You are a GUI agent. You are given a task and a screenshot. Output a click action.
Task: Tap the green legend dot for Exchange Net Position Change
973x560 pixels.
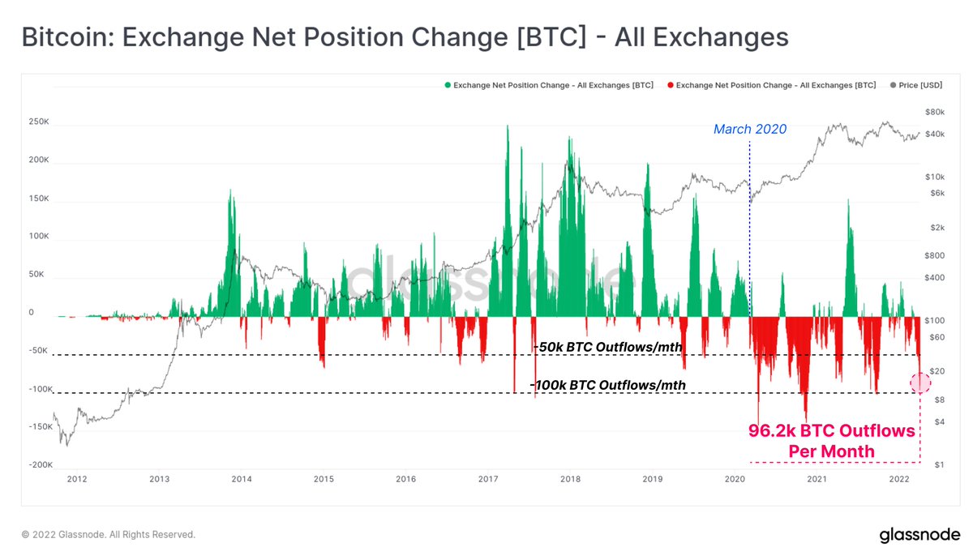coord(447,85)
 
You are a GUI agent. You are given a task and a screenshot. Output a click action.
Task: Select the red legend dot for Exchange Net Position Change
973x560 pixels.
coord(670,85)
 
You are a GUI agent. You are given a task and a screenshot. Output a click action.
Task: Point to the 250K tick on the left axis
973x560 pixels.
coord(38,122)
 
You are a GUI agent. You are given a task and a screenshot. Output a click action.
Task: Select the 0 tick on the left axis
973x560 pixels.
coord(31,312)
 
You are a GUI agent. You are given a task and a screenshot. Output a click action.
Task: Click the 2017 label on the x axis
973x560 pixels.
coord(488,479)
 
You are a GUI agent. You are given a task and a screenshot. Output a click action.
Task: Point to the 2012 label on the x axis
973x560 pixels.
coord(77,479)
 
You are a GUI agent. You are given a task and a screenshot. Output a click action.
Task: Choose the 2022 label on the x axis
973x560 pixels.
coord(899,479)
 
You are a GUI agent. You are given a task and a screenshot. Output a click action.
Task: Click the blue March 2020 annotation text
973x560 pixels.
coord(749,129)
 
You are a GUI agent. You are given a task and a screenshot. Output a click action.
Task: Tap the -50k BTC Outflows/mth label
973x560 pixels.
coord(608,347)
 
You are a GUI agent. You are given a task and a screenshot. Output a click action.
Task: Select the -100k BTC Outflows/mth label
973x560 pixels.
coord(607,385)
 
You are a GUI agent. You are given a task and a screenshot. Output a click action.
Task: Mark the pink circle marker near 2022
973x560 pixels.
coord(920,383)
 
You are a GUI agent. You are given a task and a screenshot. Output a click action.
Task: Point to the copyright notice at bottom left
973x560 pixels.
coord(108,535)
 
